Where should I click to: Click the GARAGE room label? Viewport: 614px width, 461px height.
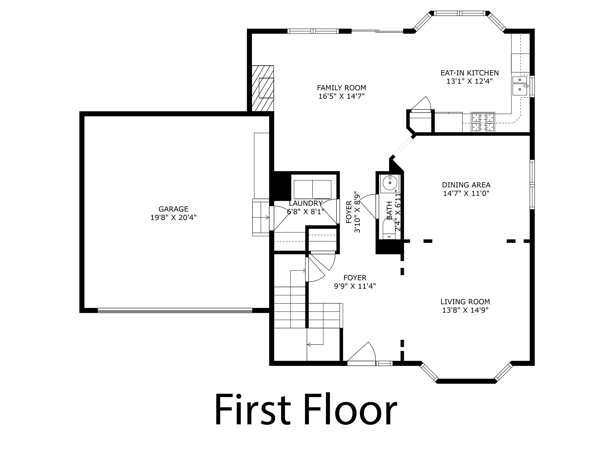click(173, 209)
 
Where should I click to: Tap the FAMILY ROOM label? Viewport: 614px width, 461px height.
click(341, 88)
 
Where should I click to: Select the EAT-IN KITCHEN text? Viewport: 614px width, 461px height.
click(469, 73)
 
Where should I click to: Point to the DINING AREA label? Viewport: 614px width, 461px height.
click(466, 185)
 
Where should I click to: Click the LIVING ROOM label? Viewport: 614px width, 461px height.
click(465, 302)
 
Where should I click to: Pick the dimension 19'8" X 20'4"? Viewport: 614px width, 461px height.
click(173, 217)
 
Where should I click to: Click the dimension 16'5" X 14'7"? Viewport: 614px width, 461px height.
click(341, 96)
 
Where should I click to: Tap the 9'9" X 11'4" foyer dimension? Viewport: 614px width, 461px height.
click(355, 286)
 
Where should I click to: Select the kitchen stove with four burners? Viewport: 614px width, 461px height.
click(483, 122)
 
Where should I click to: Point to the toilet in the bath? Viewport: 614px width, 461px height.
click(389, 229)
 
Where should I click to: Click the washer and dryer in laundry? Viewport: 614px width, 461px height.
click(312, 190)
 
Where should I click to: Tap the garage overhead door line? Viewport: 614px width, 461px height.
click(175, 310)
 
